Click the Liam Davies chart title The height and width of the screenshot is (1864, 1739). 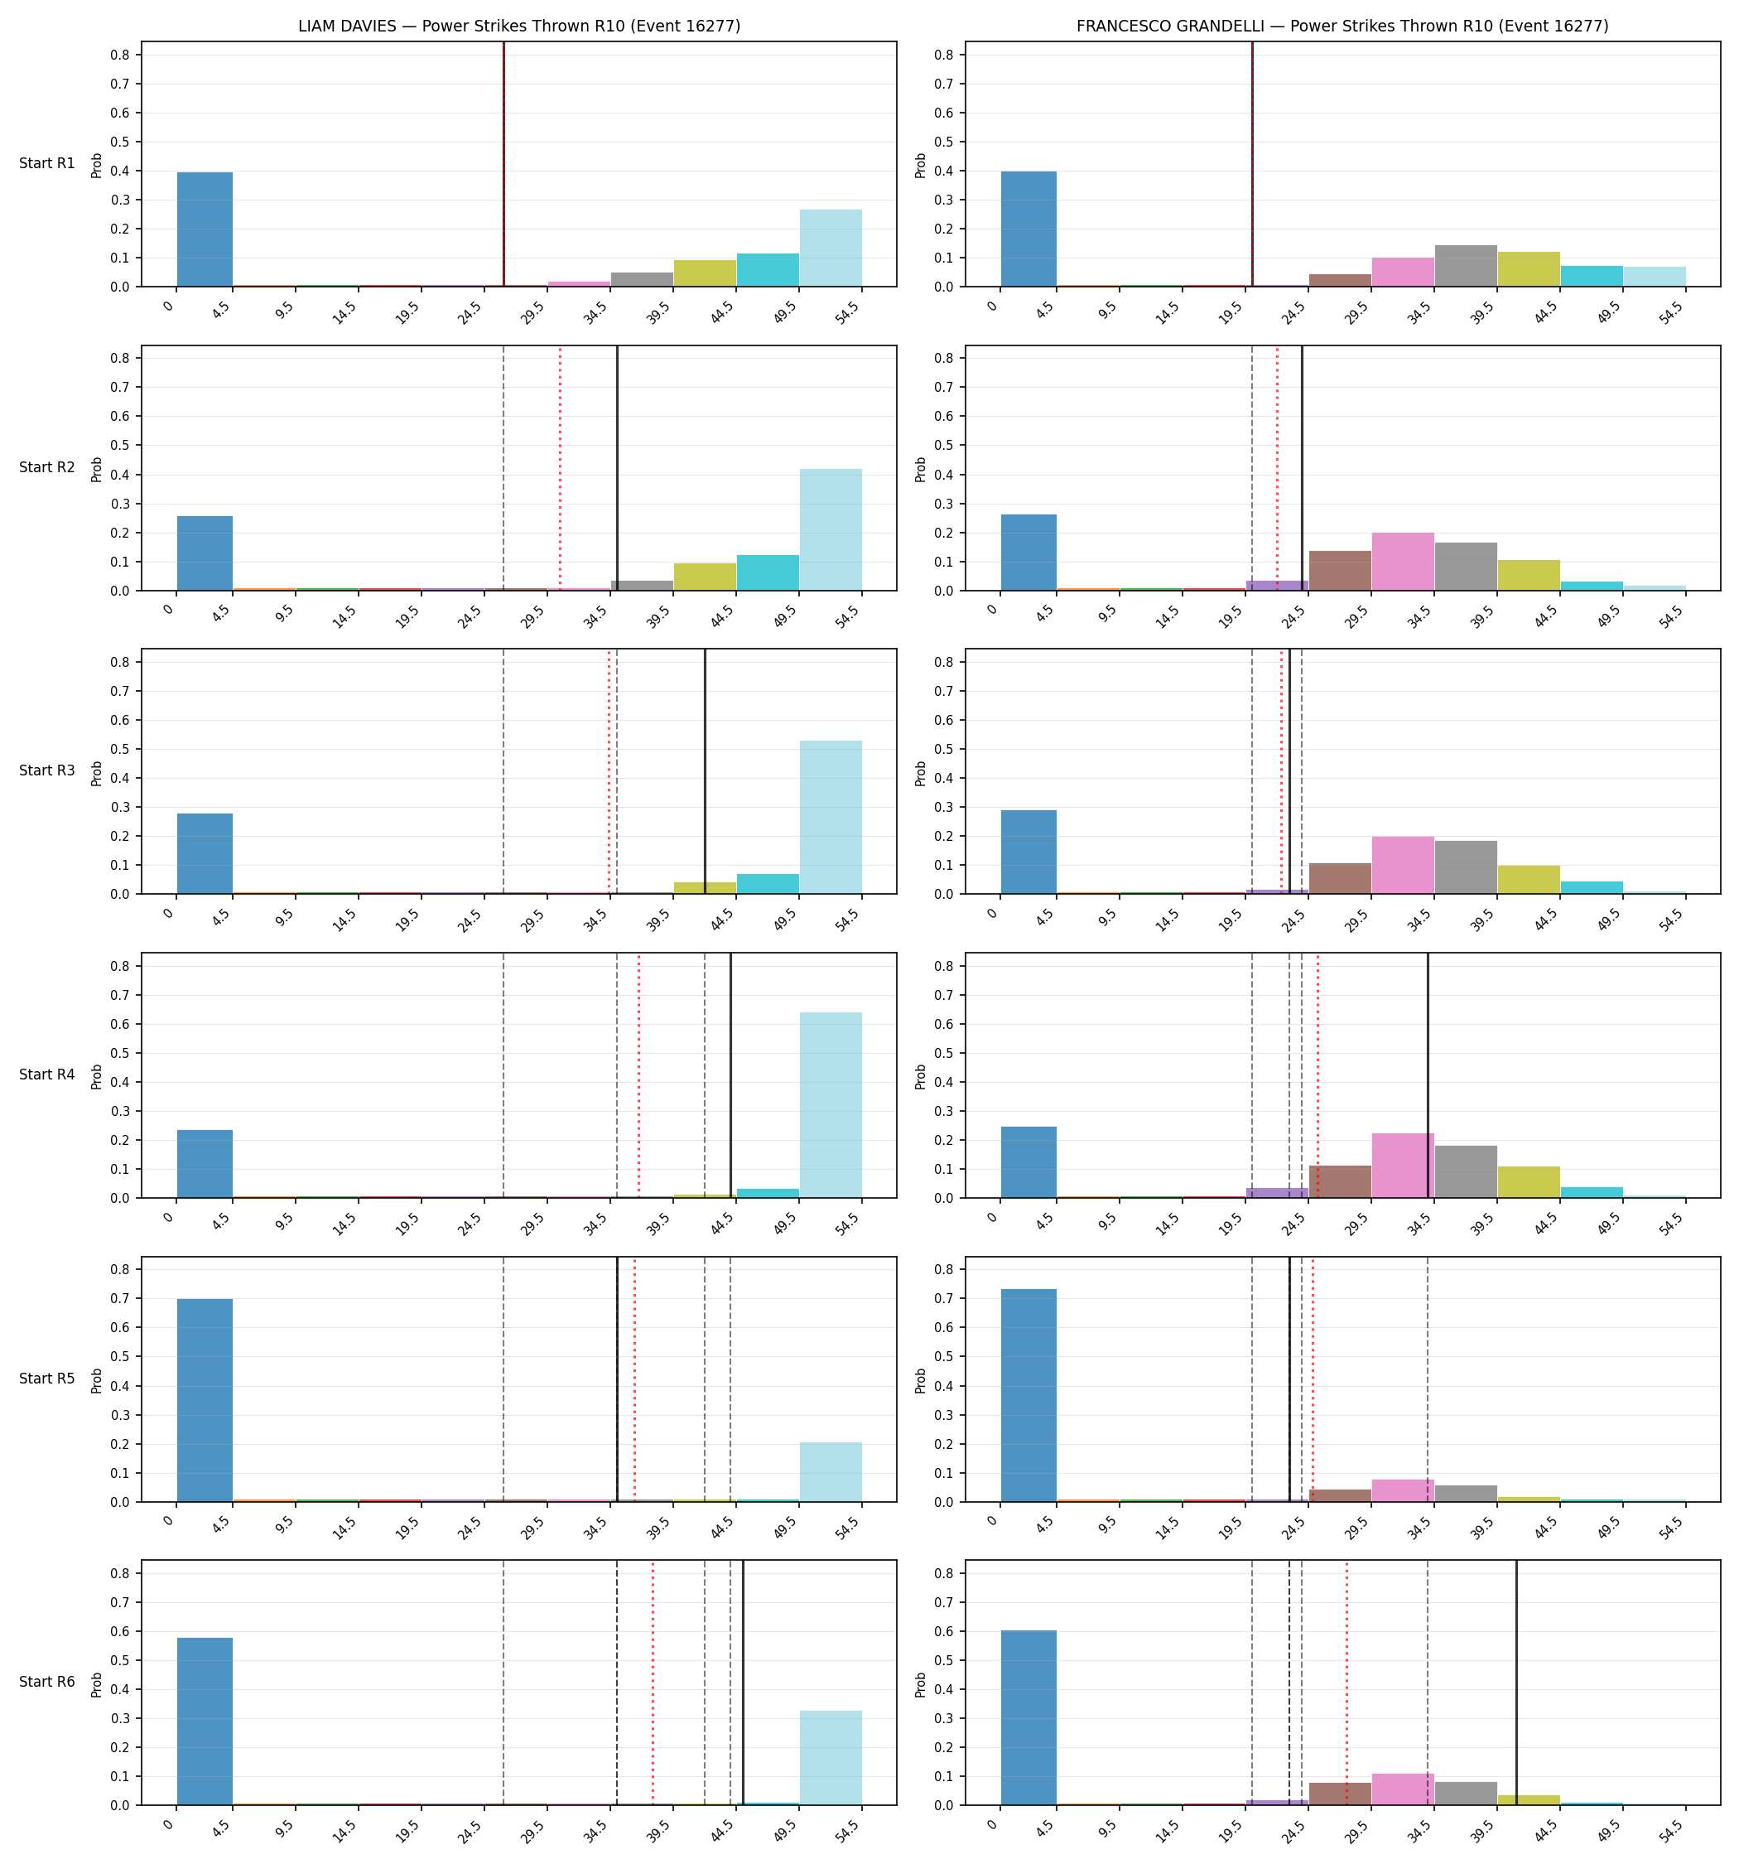pos(518,27)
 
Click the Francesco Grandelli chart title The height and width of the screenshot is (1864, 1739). pos(1342,27)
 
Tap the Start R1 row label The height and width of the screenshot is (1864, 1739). pos(47,163)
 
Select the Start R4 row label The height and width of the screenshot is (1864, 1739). pos(47,1074)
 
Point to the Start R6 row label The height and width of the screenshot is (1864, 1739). pos(47,1682)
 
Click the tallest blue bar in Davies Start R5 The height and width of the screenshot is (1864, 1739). pos(205,1400)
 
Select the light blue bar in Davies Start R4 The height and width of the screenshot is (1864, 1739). pos(831,1105)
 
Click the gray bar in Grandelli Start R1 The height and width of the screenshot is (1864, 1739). pos(1465,266)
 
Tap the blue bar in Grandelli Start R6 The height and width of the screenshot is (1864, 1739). pos(1028,1717)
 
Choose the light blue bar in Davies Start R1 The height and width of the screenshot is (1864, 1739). pos(831,249)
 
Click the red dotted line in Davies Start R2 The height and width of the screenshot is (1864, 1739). pos(561,469)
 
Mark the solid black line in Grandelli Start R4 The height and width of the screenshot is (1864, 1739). pos(1428,1075)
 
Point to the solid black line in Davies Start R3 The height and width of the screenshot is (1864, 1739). pos(705,771)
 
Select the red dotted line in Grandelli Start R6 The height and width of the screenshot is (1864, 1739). pos(1347,1683)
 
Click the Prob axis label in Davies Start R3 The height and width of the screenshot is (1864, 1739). pos(97,773)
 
